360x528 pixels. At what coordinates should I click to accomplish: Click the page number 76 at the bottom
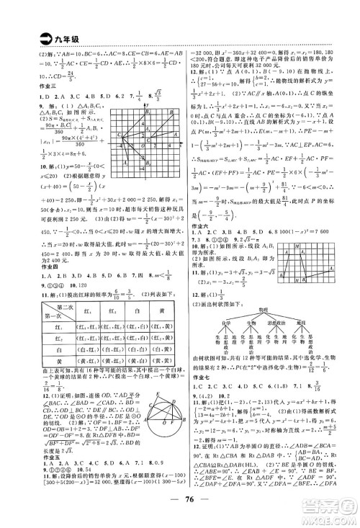click(x=180, y=503)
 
